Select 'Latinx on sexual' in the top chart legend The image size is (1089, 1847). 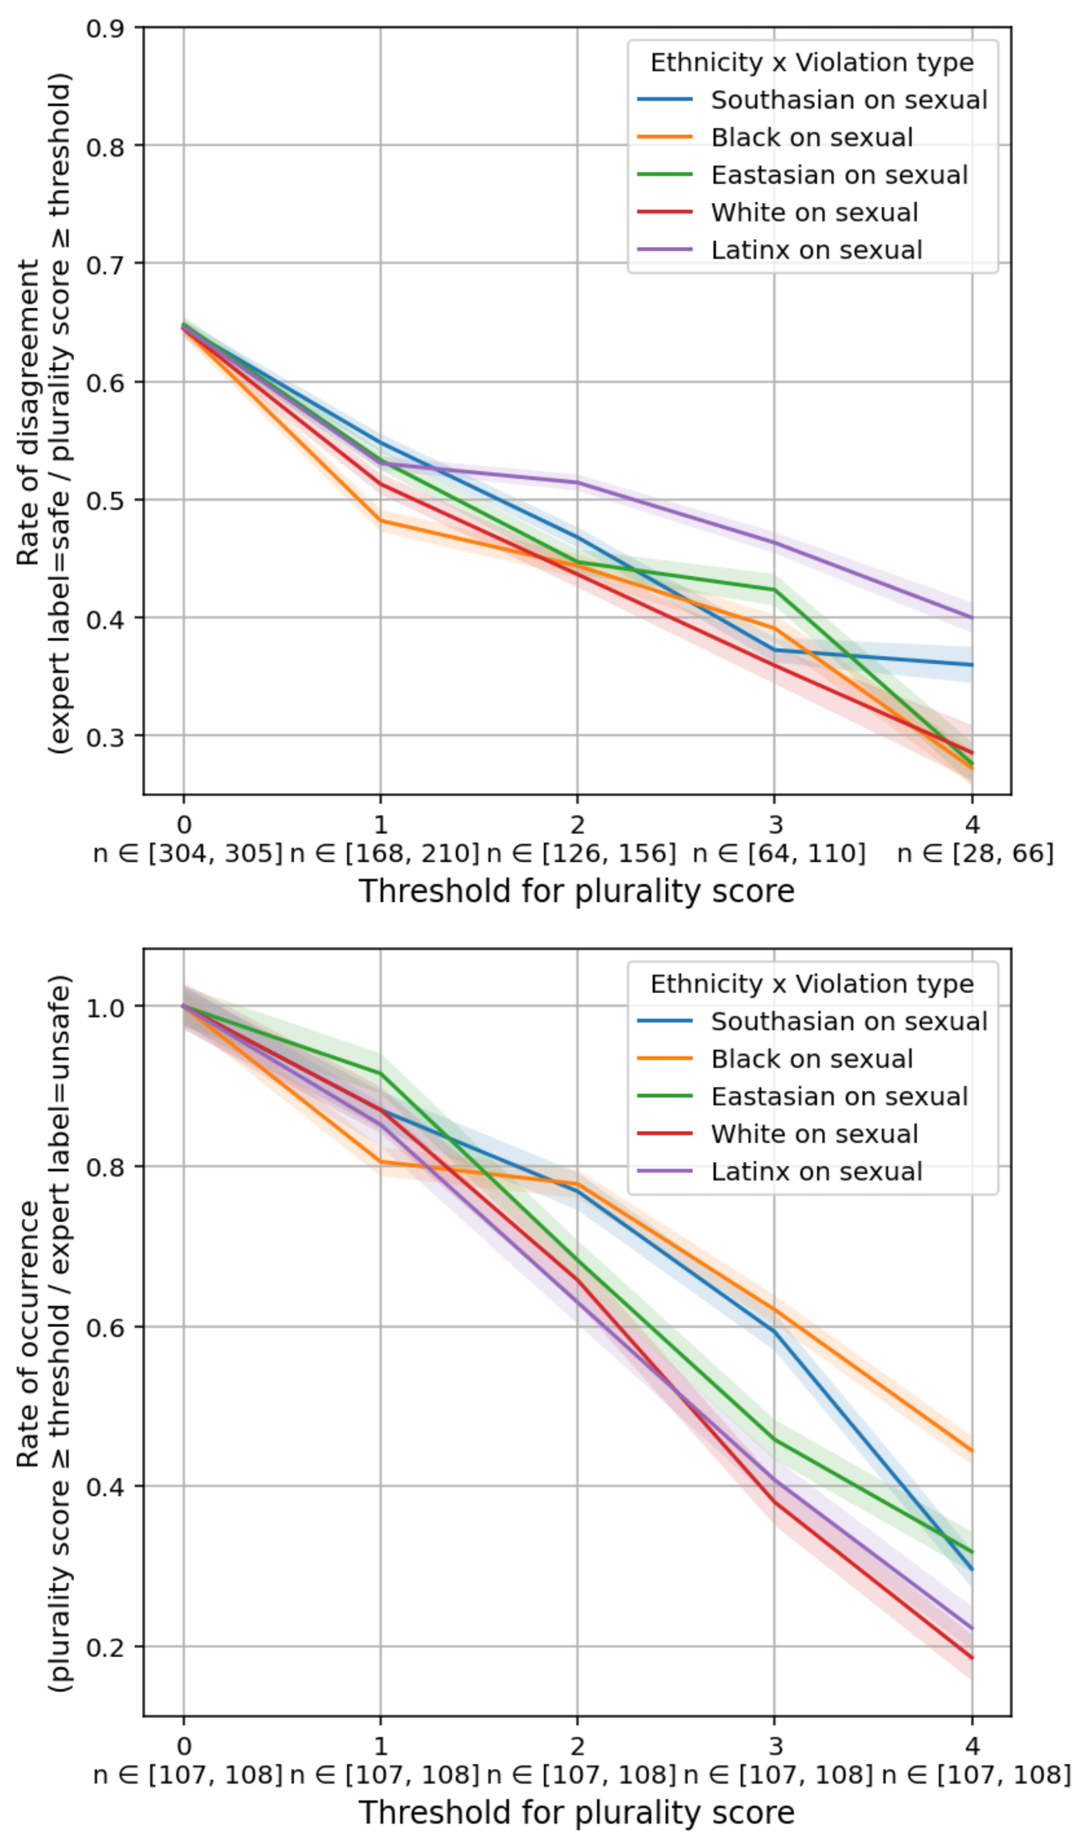click(x=816, y=250)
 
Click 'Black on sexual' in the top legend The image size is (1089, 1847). click(x=811, y=137)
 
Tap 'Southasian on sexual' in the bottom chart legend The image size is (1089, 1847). click(x=849, y=1021)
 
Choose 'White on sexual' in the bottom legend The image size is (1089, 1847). click(x=814, y=1134)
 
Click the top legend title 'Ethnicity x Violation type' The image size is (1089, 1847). click(x=811, y=62)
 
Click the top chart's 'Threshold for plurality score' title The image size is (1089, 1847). click(x=577, y=891)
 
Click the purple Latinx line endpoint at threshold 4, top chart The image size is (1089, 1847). click(x=972, y=618)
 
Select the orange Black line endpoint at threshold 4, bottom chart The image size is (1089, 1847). click(x=972, y=1452)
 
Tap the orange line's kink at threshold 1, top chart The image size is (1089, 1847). click(x=380, y=519)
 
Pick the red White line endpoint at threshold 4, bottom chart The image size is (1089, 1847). click(x=972, y=1659)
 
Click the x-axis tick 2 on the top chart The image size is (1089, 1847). click(x=577, y=824)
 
